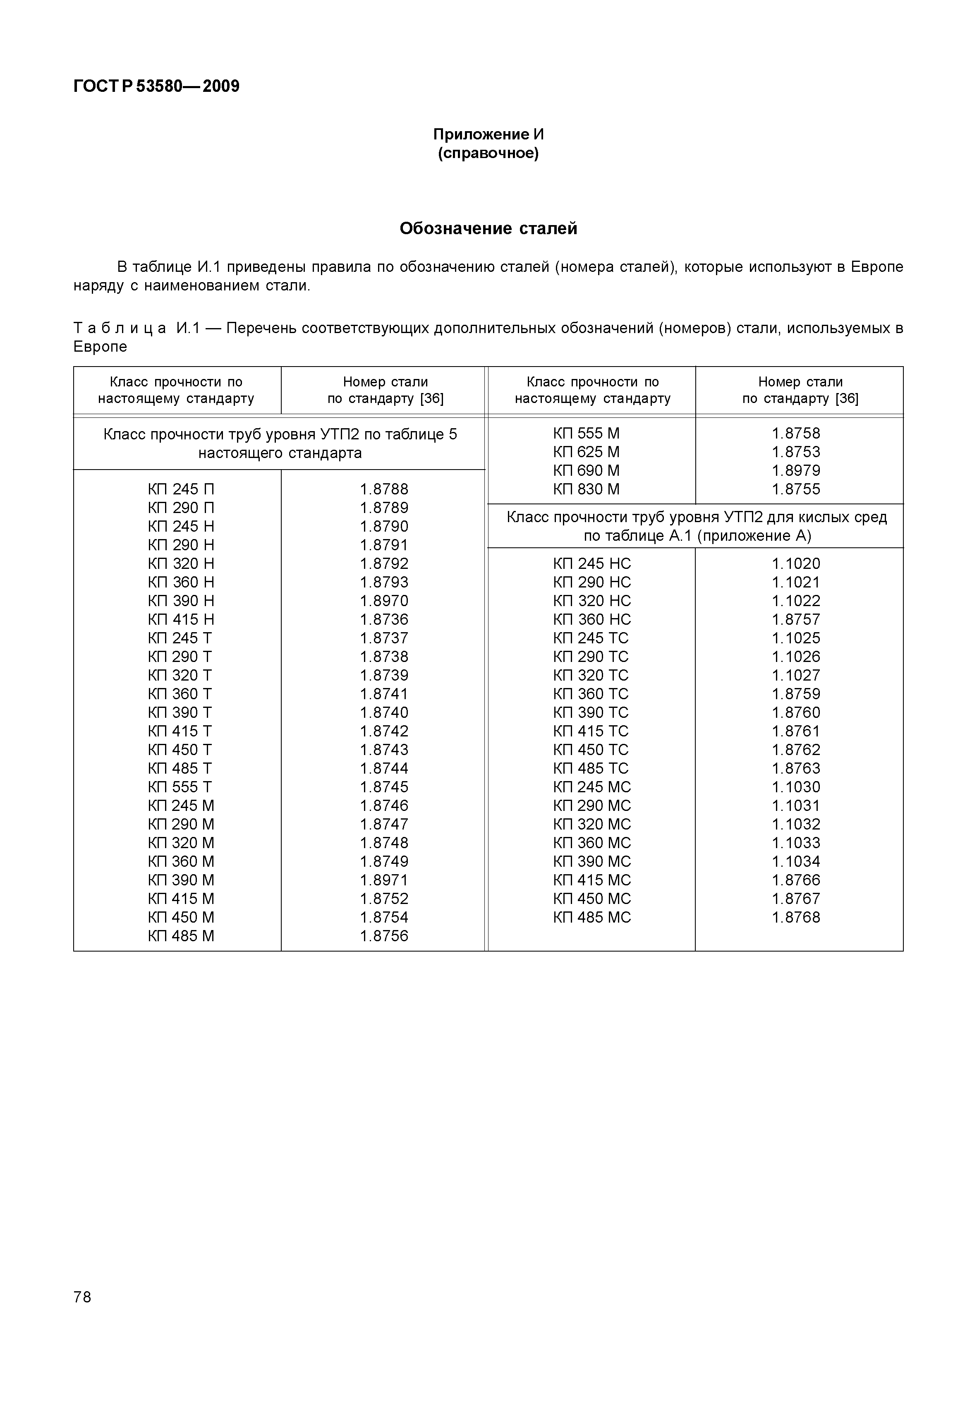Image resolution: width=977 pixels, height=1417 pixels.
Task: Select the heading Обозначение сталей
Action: pos(488,228)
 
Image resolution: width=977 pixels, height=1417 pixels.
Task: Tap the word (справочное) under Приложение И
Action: pos(488,153)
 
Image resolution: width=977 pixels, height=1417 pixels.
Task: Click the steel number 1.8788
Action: pos(384,489)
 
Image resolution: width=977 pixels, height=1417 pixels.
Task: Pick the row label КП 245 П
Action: pos(181,489)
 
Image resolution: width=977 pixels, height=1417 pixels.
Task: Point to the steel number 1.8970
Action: pos(384,601)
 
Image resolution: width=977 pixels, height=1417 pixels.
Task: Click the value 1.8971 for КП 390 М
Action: pos(384,880)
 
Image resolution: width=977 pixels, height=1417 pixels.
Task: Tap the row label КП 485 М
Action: pos(181,936)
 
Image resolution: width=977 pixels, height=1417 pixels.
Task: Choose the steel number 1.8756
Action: pos(384,936)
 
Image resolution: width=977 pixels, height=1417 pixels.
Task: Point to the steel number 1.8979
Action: pos(796,471)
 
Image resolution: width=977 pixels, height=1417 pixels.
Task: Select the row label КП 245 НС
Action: pos(591,563)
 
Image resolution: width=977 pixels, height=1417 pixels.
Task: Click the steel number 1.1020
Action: pos(796,563)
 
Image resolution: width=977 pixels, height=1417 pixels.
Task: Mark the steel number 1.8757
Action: pos(796,619)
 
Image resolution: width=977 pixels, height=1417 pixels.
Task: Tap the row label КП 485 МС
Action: pos(591,917)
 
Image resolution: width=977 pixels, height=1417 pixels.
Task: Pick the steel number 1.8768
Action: pos(796,917)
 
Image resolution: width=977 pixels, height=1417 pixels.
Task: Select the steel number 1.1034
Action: pos(796,862)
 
